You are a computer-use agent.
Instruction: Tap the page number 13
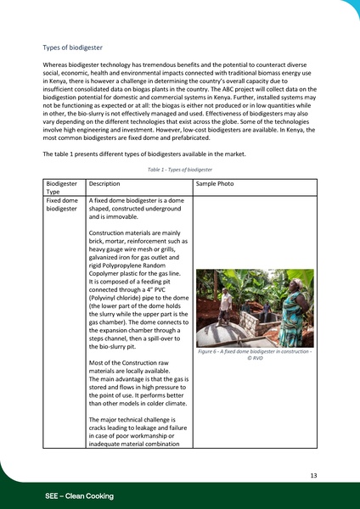(x=313, y=476)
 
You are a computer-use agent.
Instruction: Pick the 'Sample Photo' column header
(x=215, y=183)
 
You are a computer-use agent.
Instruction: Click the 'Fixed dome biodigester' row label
(x=63, y=205)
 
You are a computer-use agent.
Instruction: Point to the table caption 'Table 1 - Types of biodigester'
(x=180, y=170)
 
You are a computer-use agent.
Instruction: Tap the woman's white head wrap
(x=292, y=277)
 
